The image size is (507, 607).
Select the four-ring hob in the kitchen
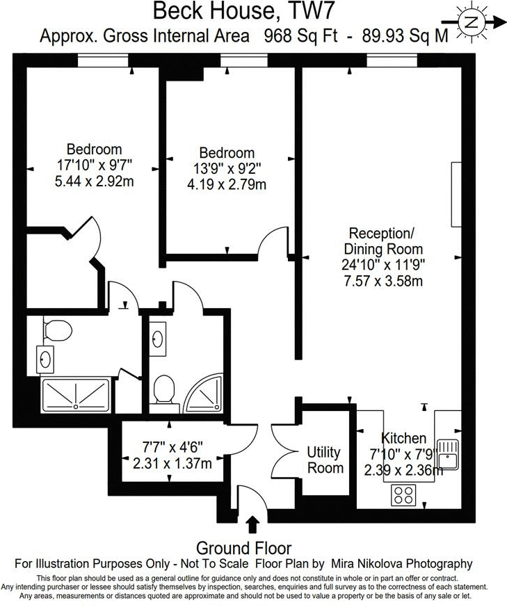(x=403, y=495)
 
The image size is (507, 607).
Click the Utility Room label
(x=325, y=460)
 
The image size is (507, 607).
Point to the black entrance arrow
(x=252, y=524)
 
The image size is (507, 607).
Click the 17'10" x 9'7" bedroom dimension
(x=95, y=166)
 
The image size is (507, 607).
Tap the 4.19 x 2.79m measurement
(x=227, y=185)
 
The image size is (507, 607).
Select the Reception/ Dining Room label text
(x=386, y=241)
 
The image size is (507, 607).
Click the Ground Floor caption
(x=243, y=548)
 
